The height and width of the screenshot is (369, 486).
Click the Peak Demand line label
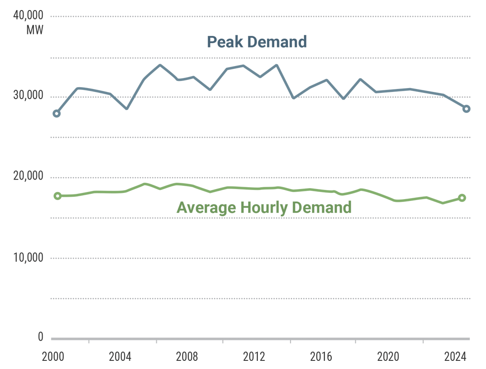coord(256,42)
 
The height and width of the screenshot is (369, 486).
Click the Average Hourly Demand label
coord(264,208)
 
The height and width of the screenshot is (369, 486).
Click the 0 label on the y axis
coord(40,337)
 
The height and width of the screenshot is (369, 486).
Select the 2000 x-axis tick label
coord(53,357)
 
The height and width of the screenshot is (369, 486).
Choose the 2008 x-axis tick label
coord(187,357)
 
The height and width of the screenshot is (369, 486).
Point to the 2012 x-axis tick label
coord(254,357)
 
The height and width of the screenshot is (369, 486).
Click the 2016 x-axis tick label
coord(321,357)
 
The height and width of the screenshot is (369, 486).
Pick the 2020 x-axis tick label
coord(388,357)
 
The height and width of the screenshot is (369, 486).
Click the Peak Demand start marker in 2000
coord(57,113)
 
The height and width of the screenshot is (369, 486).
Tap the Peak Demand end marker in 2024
coord(466,109)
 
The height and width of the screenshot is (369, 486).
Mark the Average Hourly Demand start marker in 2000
coord(58,196)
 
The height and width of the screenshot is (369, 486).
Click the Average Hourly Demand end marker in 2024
coord(462,198)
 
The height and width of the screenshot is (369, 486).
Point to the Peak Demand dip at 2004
coord(127,109)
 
